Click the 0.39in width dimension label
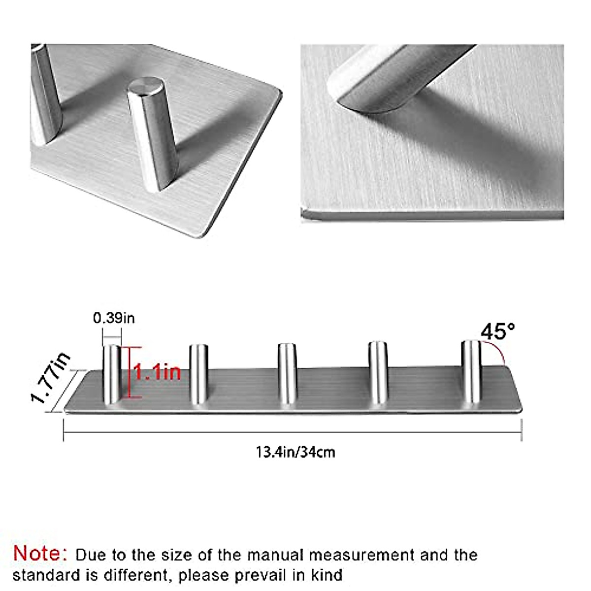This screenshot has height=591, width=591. click(x=114, y=318)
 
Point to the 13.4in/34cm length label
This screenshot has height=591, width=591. click(x=295, y=452)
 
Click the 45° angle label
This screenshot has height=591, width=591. click(x=498, y=331)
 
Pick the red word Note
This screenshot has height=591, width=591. click(x=40, y=554)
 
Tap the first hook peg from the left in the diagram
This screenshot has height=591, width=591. click(x=111, y=374)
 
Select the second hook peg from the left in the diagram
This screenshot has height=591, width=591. click(x=198, y=374)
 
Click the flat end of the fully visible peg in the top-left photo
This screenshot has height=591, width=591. click(x=143, y=86)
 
